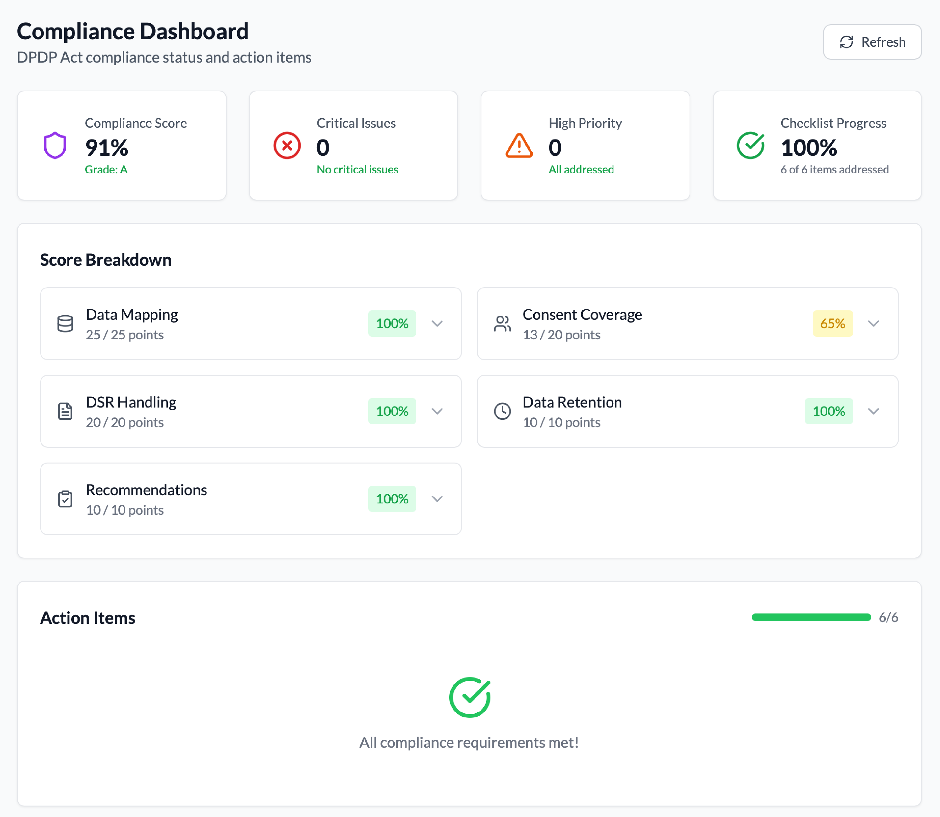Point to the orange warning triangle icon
[519, 146]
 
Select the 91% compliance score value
[107, 147]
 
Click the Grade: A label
[106, 170]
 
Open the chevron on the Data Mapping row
[437, 324]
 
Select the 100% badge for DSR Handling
[392, 411]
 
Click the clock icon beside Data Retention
[502, 411]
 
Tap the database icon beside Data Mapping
[65, 324]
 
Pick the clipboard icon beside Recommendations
[65, 499]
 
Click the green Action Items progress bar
[811, 617]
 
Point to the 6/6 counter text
[888, 617]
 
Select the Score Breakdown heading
[106, 260]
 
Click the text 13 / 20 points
[561, 335]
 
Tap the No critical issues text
[357, 170]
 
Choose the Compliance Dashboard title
[133, 31]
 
